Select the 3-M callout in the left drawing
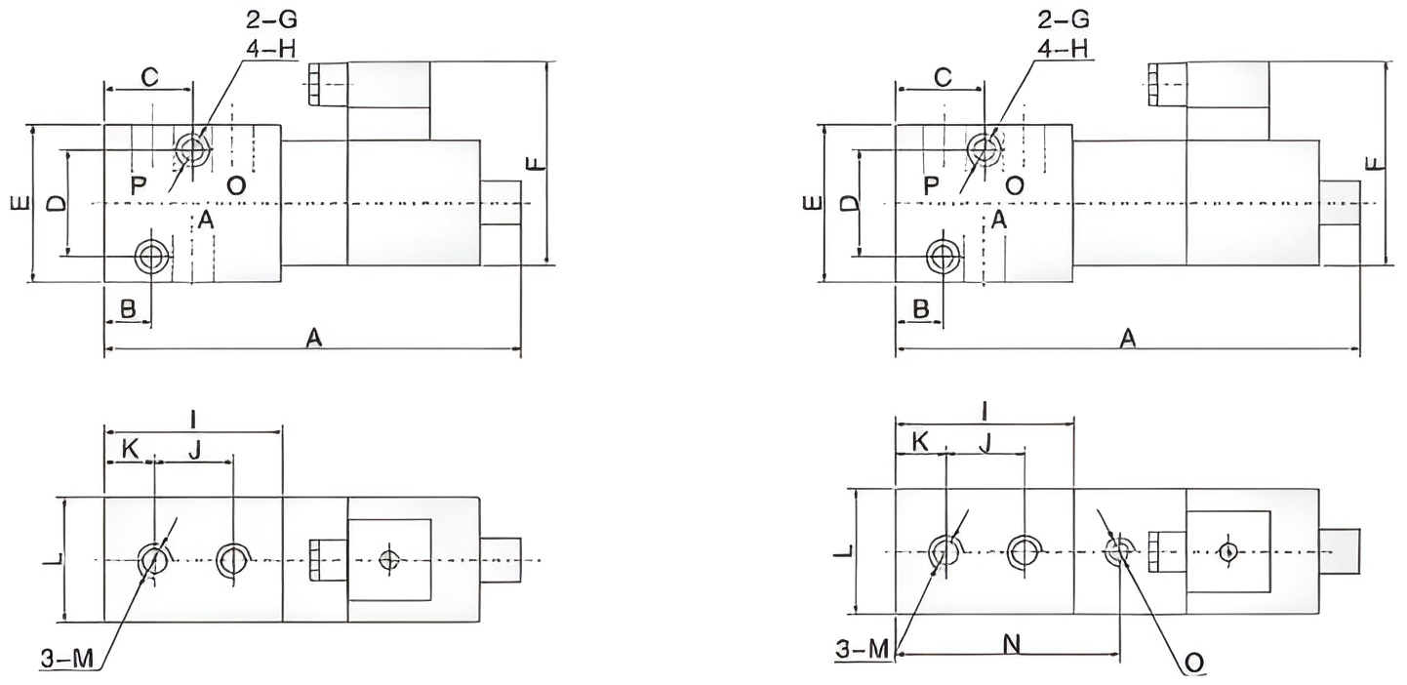pyautogui.click(x=66, y=660)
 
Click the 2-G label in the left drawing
pyautogui.click(x=264, y=19)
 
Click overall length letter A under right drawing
pyautogui.click(x=1127, y=338)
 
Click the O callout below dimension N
pyautogui.click(x=1192, y=663)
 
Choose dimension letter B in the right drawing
pyautogui.click(x=918, y=310)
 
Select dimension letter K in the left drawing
pyautogui.click(x=129, y=448)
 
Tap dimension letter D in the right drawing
pyautogui.click(x=850, y=203)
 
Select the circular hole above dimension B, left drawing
pyautogui.click(x=152, y=256)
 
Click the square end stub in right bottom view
pyautogui.click(x=1339, y=551)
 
